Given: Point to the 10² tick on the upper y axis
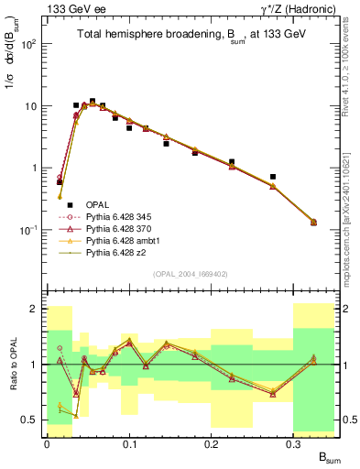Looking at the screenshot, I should coord(29,44).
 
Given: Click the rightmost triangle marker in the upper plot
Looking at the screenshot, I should coord(314,222).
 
